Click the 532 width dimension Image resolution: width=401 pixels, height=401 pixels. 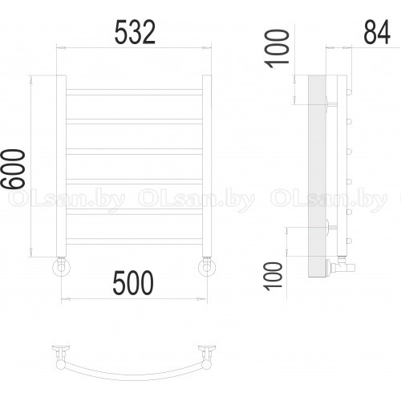pos(135,32)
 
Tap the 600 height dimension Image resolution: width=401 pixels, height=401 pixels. pos(13,168)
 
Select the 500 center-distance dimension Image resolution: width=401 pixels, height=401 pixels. pos(133,283)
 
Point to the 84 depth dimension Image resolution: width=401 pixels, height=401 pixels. pos(377,32)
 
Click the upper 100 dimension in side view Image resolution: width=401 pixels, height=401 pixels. pos(277,49)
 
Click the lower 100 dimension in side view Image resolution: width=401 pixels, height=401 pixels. pos(273,276)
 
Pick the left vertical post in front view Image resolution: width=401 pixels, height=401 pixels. pos(61,166)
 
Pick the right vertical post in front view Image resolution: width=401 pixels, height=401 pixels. pos(207,166)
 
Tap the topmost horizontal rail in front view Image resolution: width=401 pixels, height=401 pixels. pos(134,92)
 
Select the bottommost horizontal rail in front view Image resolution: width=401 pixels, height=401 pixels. pos(134,241)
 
